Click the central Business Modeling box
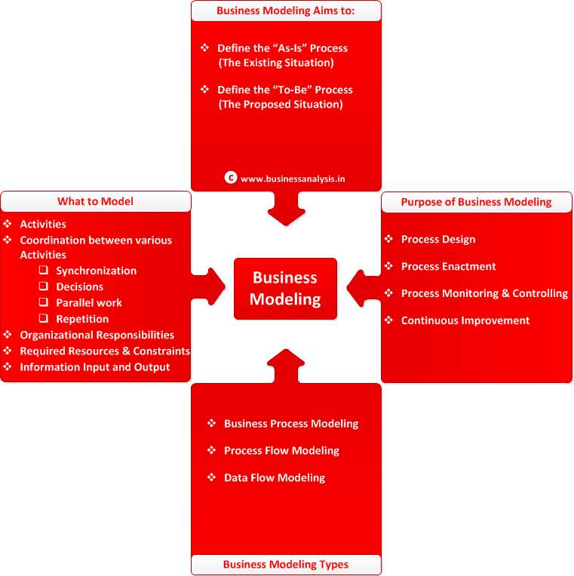click(285, 289)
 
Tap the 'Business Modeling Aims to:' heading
click(286, 11)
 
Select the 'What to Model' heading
click(95, 201)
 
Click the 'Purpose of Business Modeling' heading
click(476, 202)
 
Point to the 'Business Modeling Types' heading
click(286, 564)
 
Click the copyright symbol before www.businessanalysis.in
click(231, 178)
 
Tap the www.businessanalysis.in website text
click(293, 179)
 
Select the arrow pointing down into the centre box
click(286, 209)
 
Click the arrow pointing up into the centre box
click(286, 366)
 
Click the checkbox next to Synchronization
click(44, 270)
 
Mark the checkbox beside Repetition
click(44, 318)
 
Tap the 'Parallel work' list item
click(89, 302)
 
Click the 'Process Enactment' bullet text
click(448, 266)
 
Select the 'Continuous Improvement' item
click(465, 320)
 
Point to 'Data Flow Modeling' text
click(275, 477)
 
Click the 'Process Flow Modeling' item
click(281, 450)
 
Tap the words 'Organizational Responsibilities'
click(97, 335)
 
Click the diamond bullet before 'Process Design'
click(388, 239)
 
